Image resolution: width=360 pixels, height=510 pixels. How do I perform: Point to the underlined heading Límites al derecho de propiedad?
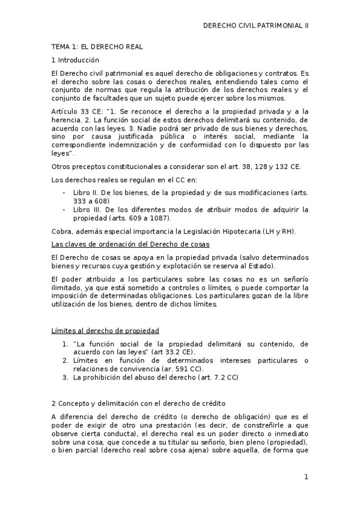pyautogui.click(x=106, y=330)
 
